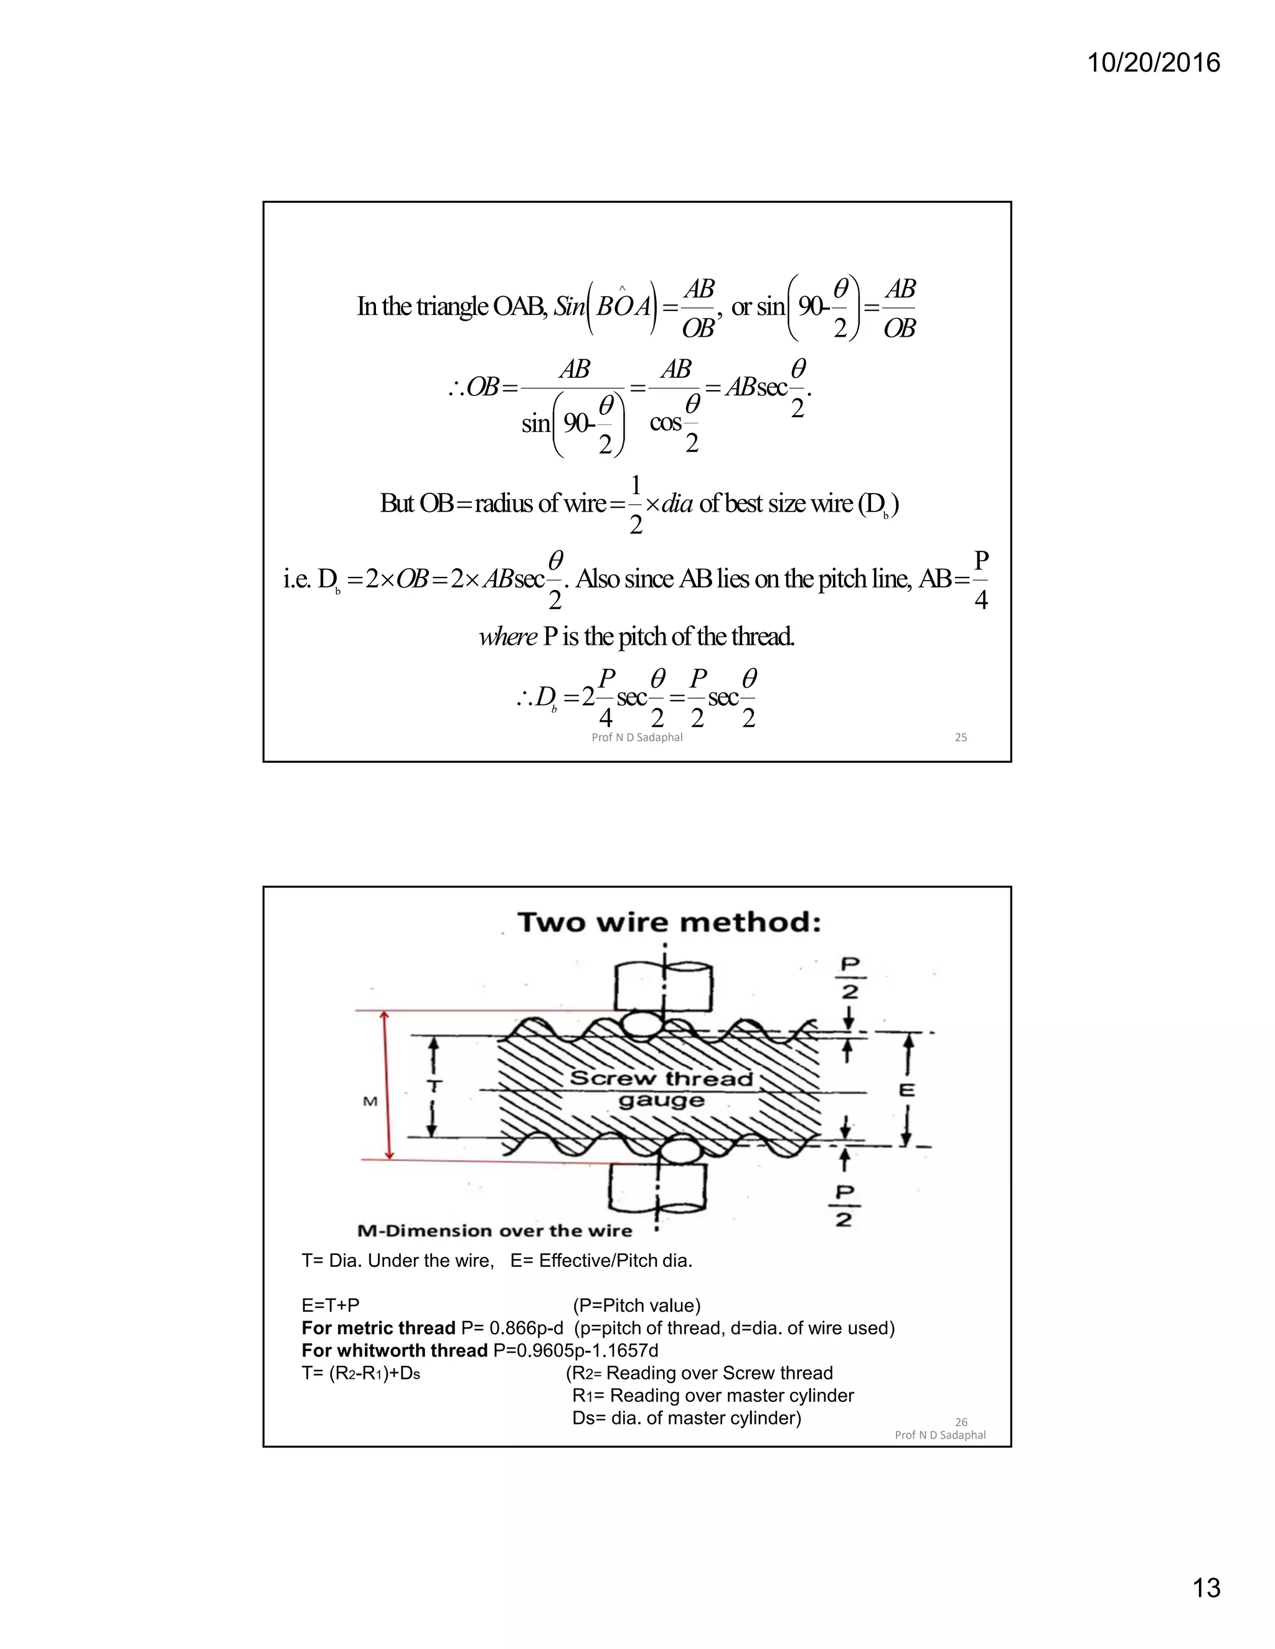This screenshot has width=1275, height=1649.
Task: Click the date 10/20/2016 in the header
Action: pos(1154,63)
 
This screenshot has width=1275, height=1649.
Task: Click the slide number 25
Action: pos(961,737)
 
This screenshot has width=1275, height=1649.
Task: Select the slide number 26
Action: pos(961,1422)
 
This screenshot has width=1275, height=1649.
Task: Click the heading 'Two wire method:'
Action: pos(669,922)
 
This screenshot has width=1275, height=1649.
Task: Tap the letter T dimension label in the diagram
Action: pos(433,1086)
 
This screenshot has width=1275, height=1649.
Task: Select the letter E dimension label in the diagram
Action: pos(907,1090)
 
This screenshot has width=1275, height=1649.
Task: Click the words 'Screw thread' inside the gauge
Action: pos(661,1078)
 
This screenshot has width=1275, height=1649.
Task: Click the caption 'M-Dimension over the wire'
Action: pos(494,1231)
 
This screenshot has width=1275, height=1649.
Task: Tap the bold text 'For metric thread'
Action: pos(378,1328)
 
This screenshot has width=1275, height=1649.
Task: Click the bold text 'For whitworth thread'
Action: pos(394,1350)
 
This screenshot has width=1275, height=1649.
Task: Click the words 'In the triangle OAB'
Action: pos(452,307)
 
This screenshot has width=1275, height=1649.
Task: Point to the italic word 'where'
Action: pos(507,637)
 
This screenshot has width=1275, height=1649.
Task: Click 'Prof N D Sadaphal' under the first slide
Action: pos(637,737)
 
